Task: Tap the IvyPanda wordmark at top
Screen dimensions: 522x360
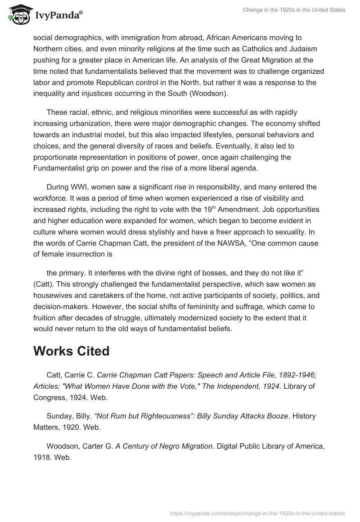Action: pyautogui.click(x=58, y=15)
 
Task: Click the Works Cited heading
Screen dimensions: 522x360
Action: pyautogui.click(x=71, y=351)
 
